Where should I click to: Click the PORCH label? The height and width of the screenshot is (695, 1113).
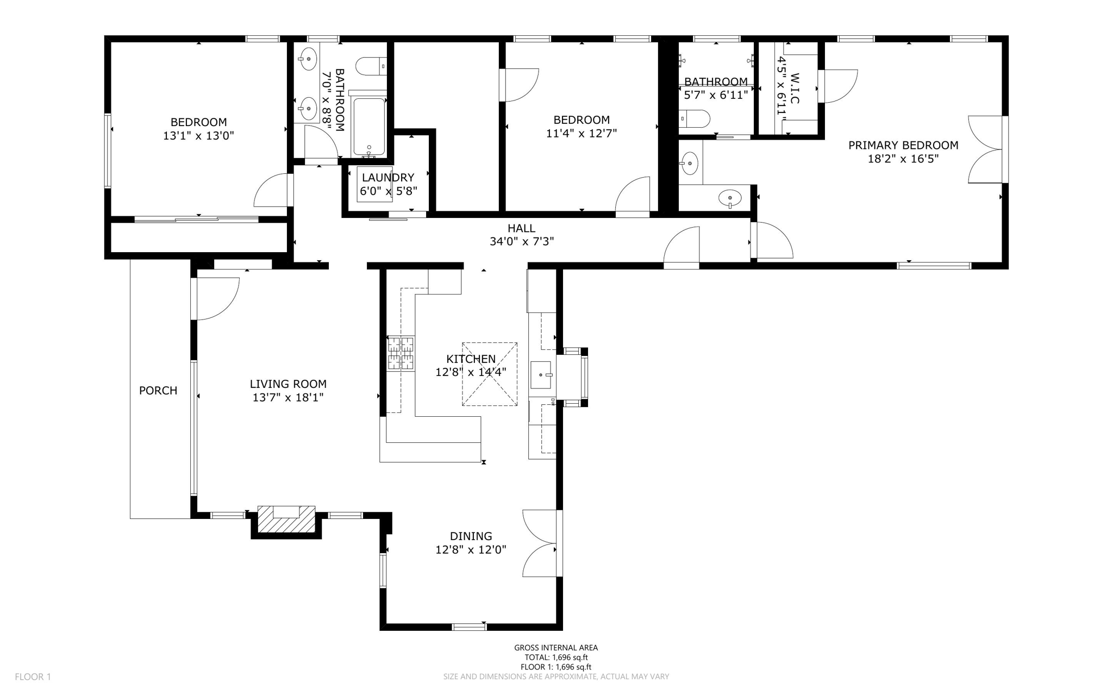pyautogui.click(x=158, y=390)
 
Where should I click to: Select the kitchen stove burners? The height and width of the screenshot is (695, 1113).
pyautogui.click(x=401, y=353)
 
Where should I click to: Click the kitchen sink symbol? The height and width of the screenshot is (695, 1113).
pyautogui.click(x=541, y=374)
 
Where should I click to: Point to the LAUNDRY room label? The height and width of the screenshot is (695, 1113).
pyautogui.click(x=388, y=177)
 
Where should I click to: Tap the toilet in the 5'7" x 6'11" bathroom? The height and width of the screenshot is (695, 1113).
pyautogui.click(x=695, y=118)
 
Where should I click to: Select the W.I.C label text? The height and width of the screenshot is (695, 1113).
pyautogui.click(x=795, y=89)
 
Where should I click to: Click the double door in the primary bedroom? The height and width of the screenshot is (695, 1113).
pyautogui.click(x=985, y=149)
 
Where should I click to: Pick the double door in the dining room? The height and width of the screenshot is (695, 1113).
pyautogui.click(x=540, y=543)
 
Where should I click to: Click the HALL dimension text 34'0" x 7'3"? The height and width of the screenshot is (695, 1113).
pyautogui.click(x=521, y=242)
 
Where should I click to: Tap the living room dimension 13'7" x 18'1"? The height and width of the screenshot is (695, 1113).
pyautogui.click(x=288, y=398)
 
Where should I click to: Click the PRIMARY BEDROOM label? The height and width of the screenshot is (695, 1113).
pyautogui.click(x=903, y=145)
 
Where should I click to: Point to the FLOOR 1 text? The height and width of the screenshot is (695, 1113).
pyautogui.click(x=33, y=677)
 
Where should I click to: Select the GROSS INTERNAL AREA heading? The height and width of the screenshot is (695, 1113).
pyautogui.click(x=556, y=647)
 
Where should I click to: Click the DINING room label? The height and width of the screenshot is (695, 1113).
pyautogui.click(x=471, y=536)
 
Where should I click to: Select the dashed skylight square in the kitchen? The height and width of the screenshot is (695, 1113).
pyautogui.click(x=490, y=374)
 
